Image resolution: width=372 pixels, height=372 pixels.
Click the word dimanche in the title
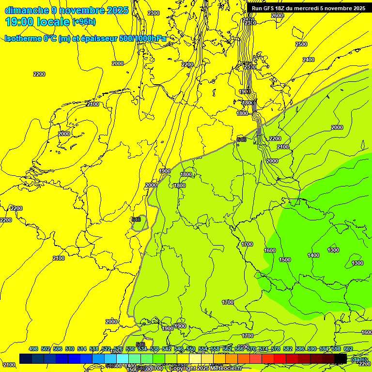pos(26,10)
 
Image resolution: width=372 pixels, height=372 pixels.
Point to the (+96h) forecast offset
pos(84,22)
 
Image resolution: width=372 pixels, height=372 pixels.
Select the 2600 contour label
pos(277,15)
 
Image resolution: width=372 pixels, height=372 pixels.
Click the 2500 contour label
pos(301,44)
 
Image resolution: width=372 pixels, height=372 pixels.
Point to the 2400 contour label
pos(309,60)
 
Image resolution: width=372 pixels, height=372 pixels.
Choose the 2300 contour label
pos(154,13)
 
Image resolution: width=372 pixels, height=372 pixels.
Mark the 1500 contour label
pos(285,260)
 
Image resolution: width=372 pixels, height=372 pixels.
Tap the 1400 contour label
pos(313,255)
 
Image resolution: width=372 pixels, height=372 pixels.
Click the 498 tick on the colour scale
pos(33,349)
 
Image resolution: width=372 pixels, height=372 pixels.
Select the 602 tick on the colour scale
pos(348,349)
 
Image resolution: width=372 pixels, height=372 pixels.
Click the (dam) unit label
pos(359,359)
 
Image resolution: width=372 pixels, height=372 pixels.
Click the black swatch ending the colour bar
pos(341,358)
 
